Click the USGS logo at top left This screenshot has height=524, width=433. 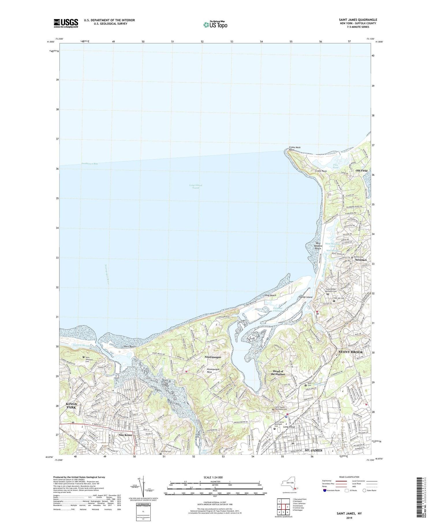pos(66,23)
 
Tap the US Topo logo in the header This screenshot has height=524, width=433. pos(215,25)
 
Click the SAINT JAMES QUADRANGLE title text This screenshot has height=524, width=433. pos(358,20)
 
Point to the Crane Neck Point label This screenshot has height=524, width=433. pos(295,149)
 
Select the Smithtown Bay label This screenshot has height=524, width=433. pos(89,164)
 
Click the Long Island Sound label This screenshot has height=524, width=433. pos(195,186)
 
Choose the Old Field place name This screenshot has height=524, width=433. pos(361,171)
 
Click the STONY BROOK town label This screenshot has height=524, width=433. pos(350,352)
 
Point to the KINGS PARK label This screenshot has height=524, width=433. pos(71,406)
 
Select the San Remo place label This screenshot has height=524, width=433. pos(126,435)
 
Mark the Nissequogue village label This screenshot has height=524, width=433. pos(213,357)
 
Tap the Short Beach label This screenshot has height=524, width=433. pos(129,347)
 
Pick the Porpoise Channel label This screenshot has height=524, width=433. pos(279,310)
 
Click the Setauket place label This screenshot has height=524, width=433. pos(361,260)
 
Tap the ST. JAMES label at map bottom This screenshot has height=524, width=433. pos(313,450)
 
